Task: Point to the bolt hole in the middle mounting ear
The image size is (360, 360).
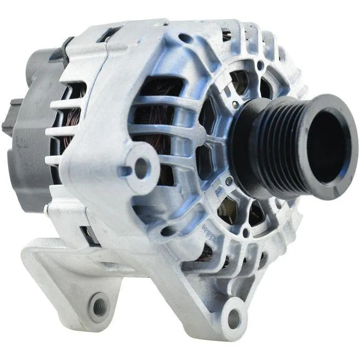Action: [140, 165]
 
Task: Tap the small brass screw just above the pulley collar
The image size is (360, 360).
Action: [236, 104]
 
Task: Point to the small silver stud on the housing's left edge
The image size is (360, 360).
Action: [47, 209]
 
